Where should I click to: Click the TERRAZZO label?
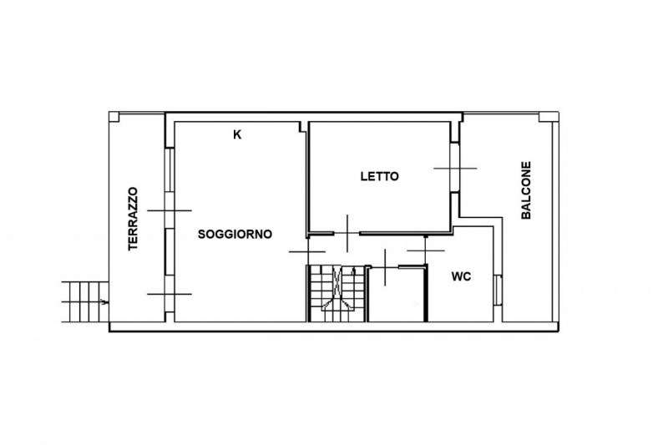(x=134, y=219)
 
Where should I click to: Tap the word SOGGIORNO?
(x=235, y=235)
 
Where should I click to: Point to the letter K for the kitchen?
(x=237, y=134)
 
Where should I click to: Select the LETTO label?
(x=380, y=176)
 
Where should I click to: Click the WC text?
(x=461, y=277)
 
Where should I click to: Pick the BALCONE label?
(x=527, y=190)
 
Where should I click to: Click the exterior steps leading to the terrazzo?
(x=84, y=302)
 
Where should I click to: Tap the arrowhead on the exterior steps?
(x=104, y=302)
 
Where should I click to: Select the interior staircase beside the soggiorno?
(x=337, y=293)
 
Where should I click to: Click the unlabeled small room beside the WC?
(x=397, y=295)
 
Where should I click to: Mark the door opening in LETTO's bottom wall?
(x=347, y=234)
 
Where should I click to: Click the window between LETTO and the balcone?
(x=454, y=167)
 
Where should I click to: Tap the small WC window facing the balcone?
(x=498, y=290)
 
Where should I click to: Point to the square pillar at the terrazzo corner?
(x=114, y=117)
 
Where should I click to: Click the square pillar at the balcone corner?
(x=544, y=117)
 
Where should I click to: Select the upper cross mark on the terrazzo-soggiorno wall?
(x=170, y=210)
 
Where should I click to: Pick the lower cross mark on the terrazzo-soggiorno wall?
(x=170, y=294)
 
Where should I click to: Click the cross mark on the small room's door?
(x=385, y=267)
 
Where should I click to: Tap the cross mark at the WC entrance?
(x=426, y=250)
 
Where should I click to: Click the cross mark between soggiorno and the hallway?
(x=307, y=251)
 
